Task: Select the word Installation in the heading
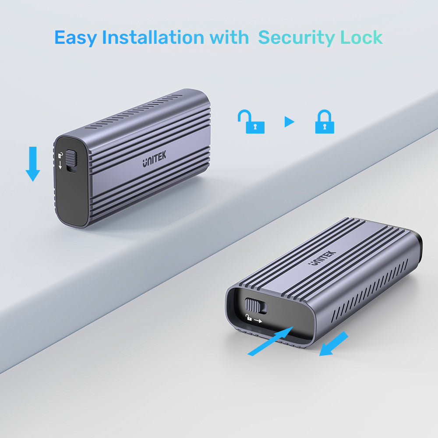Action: pos(153,37)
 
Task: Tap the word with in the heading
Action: pos(229,37)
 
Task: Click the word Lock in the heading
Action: pos(361,37)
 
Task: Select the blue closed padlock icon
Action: pos(325,121)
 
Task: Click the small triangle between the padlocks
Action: pos(289,122)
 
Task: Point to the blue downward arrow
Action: pos(33,164)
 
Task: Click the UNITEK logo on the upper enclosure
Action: pos(154,159)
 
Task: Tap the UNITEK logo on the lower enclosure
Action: pos(322,258)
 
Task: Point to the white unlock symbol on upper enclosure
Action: pos(60,155)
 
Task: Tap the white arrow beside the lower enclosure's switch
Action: pos(258,321)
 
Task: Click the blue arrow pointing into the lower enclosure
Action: pos(270,341)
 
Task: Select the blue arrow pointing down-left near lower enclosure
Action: pos(333,344)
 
